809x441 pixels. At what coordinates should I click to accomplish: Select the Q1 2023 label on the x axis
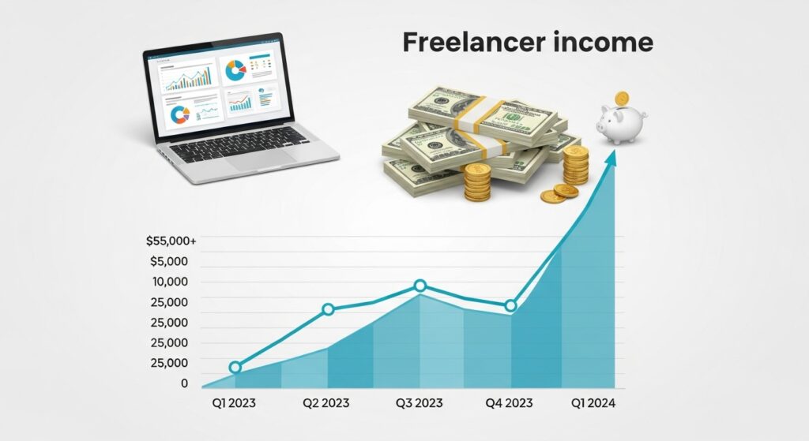click(x=235, y=403)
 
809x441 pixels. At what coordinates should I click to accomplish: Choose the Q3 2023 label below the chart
click(x=419, y=403)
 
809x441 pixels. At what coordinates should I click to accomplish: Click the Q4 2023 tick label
click(x=510, y=403)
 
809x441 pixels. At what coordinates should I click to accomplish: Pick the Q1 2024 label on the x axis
click(x=593, y=403)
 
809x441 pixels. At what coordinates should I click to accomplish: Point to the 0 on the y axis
click(x=184, y=383)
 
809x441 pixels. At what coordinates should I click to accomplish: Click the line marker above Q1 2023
click(x=235, y=367)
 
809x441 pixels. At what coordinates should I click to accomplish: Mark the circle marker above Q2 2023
click(x=328, y=309)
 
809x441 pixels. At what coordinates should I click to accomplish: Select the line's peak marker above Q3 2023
click(x=420, y=286)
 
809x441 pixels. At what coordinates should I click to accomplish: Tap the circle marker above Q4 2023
click(x=510, y=305)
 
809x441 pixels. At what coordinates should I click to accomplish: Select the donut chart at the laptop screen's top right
click(x=235, y=72)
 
